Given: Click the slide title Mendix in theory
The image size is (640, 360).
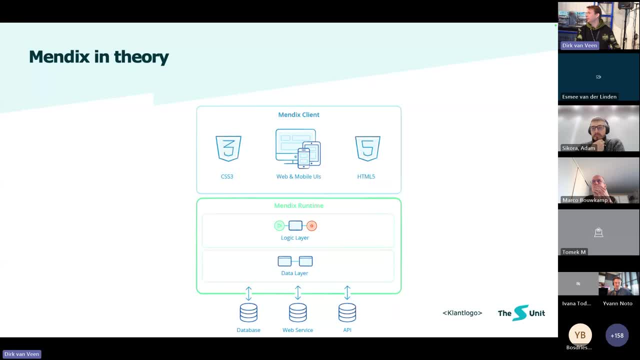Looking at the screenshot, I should click(x=99, y=57).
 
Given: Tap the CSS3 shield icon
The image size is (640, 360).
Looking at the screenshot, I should click(x=228, y=148).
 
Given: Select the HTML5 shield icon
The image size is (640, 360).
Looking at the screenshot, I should click(x=367, y=148).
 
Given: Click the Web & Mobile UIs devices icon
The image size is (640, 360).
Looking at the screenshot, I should click(x=298, y=148).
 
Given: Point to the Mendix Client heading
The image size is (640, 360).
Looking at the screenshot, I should click(x=298, y=114).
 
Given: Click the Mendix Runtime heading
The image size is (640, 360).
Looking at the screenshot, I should click(x=298, y=205).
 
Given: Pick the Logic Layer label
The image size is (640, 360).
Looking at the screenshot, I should click(x=295, y=238).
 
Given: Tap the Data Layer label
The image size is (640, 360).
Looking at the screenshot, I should click(x=294, y=273).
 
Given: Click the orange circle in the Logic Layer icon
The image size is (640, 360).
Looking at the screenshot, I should click(x=311, y=226).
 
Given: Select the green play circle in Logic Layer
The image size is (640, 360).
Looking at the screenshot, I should click(x=279, y=226).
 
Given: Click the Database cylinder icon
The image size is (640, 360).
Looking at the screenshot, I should click(x=248, y=312).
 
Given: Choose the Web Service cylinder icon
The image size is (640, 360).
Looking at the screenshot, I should click(x=298, y=312).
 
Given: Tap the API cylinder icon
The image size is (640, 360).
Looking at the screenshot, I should click(x=347, y=312).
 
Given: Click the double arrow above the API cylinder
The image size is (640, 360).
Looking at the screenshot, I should click(x=347, y=293).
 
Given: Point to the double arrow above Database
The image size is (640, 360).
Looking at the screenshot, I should click(x=248, y=293).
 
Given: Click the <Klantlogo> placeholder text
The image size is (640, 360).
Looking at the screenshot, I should click(x=462, y=313).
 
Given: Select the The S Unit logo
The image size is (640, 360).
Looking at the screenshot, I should click(x=521, y=313).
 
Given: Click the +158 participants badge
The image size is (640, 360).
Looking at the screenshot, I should click(x=617, y=335).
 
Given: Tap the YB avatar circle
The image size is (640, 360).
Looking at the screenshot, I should click(x=580, y=335).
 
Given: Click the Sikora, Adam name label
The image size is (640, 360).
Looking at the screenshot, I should click(x=578, y=148).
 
